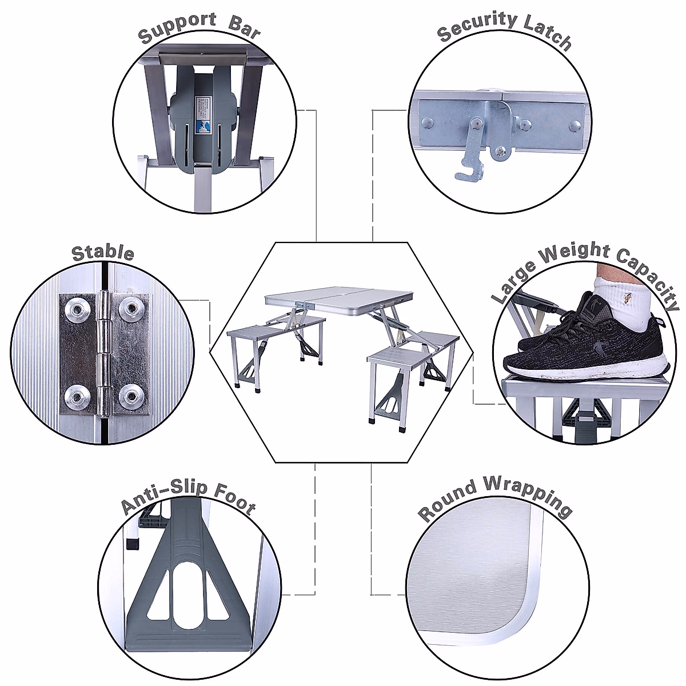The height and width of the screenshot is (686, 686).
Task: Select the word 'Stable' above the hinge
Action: tap(103, 253)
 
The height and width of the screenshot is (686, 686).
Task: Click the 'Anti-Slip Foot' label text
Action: tap(188, 497)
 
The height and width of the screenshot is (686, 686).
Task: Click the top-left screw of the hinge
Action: tap(76, 309)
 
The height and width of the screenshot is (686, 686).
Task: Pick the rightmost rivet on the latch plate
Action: tap(576, 124)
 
